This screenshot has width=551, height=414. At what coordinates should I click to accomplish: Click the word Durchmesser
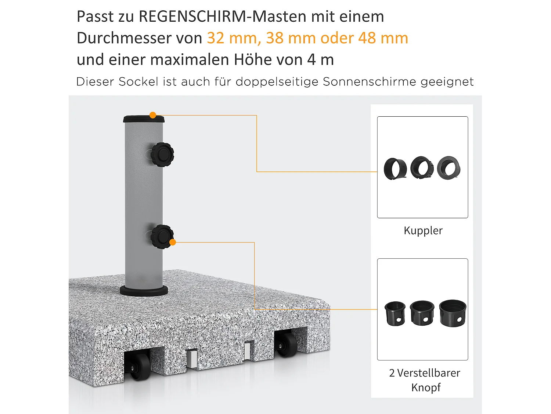pos(139,38)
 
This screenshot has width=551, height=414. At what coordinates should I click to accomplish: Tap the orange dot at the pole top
pos(153,115)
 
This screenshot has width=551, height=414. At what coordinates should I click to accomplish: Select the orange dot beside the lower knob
pos(173,242)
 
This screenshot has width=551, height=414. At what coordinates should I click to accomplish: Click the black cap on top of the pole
pos(143,119)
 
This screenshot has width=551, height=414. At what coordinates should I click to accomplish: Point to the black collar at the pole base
pos(144,291)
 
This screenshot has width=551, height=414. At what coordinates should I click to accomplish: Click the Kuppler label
pos(423,231)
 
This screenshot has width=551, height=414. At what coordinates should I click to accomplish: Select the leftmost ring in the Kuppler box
pos(395,169)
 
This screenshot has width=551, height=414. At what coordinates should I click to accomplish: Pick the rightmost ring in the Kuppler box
pos(449,168)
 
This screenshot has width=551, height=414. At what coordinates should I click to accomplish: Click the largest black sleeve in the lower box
pos(453,313)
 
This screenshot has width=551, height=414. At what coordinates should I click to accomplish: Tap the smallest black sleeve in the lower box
pos(395,314)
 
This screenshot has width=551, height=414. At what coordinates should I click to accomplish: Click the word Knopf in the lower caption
pos(426,388)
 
